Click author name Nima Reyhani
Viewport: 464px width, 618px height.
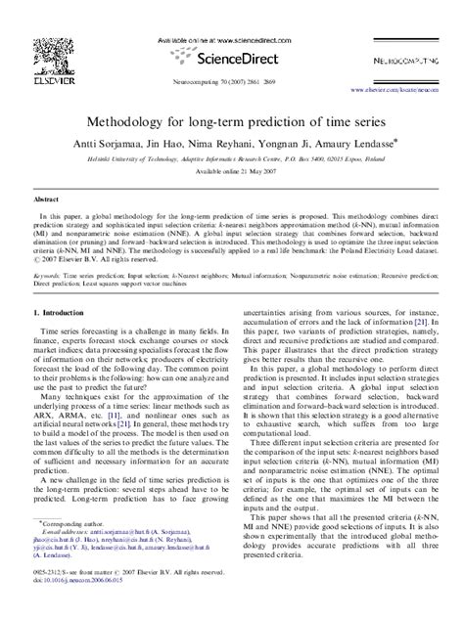223,143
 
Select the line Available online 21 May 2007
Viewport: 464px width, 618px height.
232,170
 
